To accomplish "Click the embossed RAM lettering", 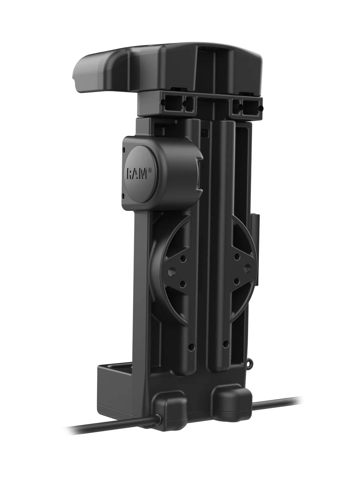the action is pyautogui.click(x=137, y=174).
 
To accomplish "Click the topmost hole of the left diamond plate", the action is pyautogui.click(x=184, y=259).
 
